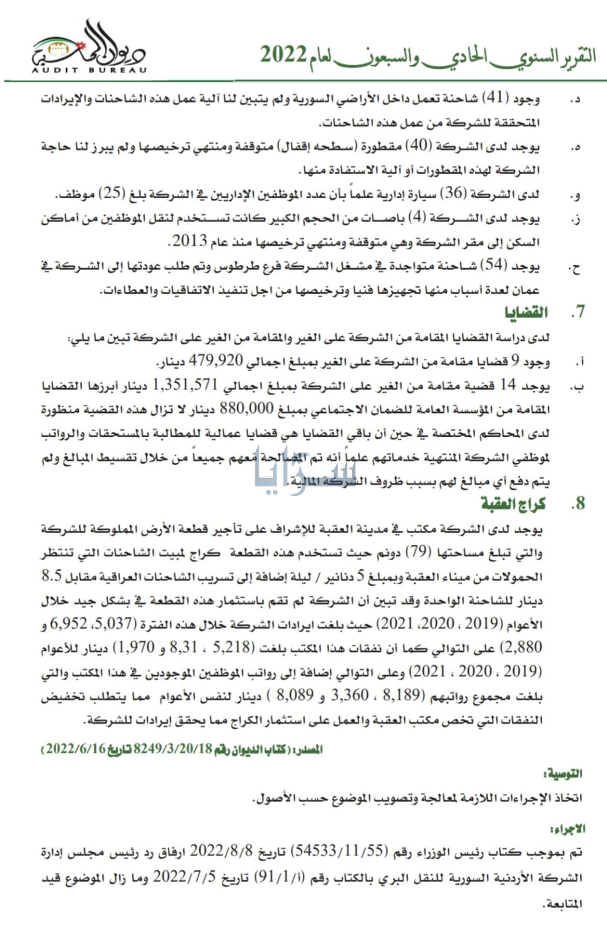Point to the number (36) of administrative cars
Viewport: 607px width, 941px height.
click(x=453, y=193)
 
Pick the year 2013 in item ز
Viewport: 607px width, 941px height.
click(x=190, y=241)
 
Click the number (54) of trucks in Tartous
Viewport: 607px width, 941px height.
click(x=494, y=266)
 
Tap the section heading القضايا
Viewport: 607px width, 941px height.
click(x=526, y=312)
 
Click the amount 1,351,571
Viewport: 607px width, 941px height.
click(x=185, y=385)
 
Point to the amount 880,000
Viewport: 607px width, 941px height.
click(x=247, y=409)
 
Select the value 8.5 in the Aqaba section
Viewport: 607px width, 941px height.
click(x=52, y=576)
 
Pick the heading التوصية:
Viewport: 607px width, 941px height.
click(x=563, y=774)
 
